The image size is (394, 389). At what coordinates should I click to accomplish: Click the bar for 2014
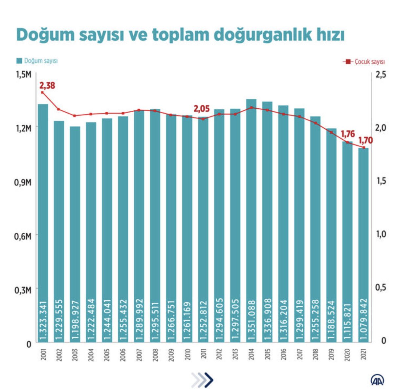(x=251, y=220)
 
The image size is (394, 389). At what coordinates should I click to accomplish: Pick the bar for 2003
(x=75, y=233)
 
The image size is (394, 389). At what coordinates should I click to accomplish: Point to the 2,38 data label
(x=47, y=86)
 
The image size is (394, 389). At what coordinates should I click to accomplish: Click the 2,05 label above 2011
(x=202, y=109)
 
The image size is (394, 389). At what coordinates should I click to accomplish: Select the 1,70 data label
(x=365, y=140)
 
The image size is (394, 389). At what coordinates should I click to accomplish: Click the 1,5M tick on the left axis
(x=24, y=75)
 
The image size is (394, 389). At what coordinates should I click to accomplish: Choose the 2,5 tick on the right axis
(x=381, y=75)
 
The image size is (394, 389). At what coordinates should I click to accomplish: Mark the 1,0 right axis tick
(x=381, y=234)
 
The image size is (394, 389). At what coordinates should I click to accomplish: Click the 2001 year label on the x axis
(x=43, y=355)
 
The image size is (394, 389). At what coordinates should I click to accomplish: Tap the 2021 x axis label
(x=363, y=355)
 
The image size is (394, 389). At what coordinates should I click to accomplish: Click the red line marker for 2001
(x=42, y=93)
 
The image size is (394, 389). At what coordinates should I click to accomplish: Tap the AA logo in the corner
(x=378, y=380)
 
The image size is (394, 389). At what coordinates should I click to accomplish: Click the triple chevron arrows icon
(x=202, y=380)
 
